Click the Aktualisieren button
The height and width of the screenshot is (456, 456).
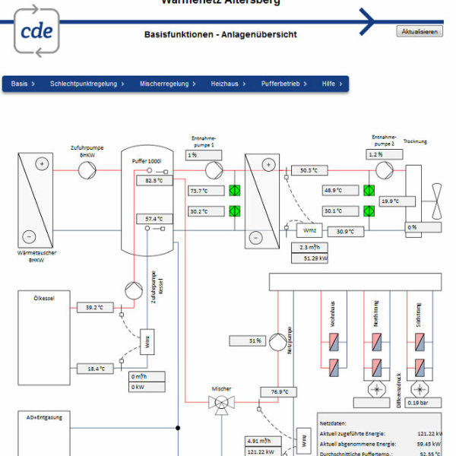pyautogui.click(x=419, y=31)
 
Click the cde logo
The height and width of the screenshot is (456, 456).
pyautogui.click(x=36, y=30)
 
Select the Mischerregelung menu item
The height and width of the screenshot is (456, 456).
pyautogui.click(x=168, y=84)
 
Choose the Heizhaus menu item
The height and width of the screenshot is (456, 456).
pyautogui.click(x=227, y=84)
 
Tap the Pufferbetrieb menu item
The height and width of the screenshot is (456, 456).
pyautogui.click(x=284, y=84)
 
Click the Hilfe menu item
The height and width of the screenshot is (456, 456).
pyautogui.click(x=332, y=84)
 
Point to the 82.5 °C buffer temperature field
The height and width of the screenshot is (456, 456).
pyautogui.click(x=154, y=181)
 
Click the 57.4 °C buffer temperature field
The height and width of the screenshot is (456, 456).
pyautogui.click(x=154, y=219)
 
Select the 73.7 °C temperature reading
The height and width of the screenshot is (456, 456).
pyautogui.click(x=205, y=191)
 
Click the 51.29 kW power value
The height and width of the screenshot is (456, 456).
pyautogui.click(x=312, y=258)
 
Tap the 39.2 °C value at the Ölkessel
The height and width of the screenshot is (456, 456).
pyautogui.click(x=96, y=308)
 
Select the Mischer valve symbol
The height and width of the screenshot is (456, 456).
pyautogui.click(x=222, y=407)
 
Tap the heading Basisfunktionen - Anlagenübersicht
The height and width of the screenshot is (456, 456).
pyautogui.click(x=220, y=34)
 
